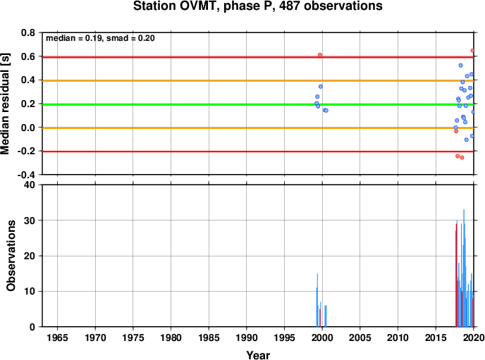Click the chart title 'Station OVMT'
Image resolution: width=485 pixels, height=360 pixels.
[174, 6]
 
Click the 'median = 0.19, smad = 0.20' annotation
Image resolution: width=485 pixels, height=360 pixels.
[100, 38]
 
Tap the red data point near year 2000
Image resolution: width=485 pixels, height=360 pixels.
[320, 55]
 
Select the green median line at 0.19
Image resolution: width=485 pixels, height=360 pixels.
[258, 104]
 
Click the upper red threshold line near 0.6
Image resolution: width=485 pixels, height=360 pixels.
[258, 57]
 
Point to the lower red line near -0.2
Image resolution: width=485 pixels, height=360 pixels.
[258, 151]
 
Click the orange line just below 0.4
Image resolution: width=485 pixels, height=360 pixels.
[258, 81]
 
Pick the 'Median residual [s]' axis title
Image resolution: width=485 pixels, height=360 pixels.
[5, 104]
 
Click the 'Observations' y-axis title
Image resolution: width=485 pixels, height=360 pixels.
[11, 256]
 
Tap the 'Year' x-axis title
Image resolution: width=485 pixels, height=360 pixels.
[258, 355]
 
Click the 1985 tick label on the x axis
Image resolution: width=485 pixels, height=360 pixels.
[209, 337]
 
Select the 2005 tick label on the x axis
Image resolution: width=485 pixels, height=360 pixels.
[360, 337]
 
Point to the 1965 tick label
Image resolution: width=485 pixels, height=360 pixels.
[57, 337]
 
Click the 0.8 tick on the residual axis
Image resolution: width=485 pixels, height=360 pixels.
[28, 32]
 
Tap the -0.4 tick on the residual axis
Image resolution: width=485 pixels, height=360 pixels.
[26, 175]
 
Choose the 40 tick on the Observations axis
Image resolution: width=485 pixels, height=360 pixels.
[30, 185]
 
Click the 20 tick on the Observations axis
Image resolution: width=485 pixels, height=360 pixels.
[30, 256]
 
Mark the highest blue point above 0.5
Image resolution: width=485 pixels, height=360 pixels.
[460, 66]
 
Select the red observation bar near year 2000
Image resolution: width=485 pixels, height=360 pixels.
[320, 318]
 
